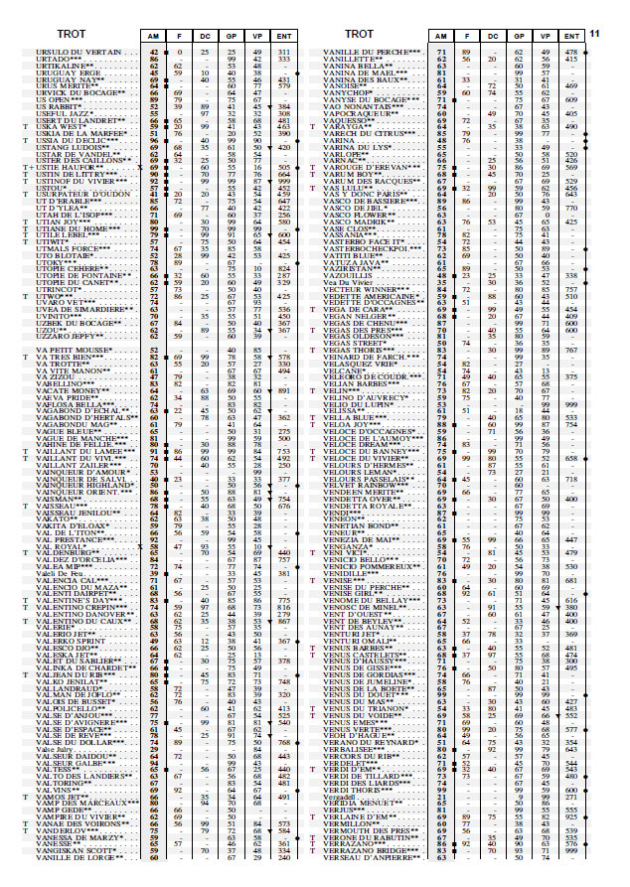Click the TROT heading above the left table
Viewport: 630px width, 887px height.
pyautogui.click(x=72, y=35)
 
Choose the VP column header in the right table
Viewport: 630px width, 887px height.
pyautogui.click(x=545, y=36)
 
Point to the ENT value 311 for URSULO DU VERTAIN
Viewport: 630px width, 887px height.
pyautogui.click(x=284, y=51)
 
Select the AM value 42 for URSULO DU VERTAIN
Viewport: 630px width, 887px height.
pyautogui.click(x=154, y=51)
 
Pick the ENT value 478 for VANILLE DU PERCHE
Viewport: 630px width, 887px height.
pyautogui.click(x=571, y=51)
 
